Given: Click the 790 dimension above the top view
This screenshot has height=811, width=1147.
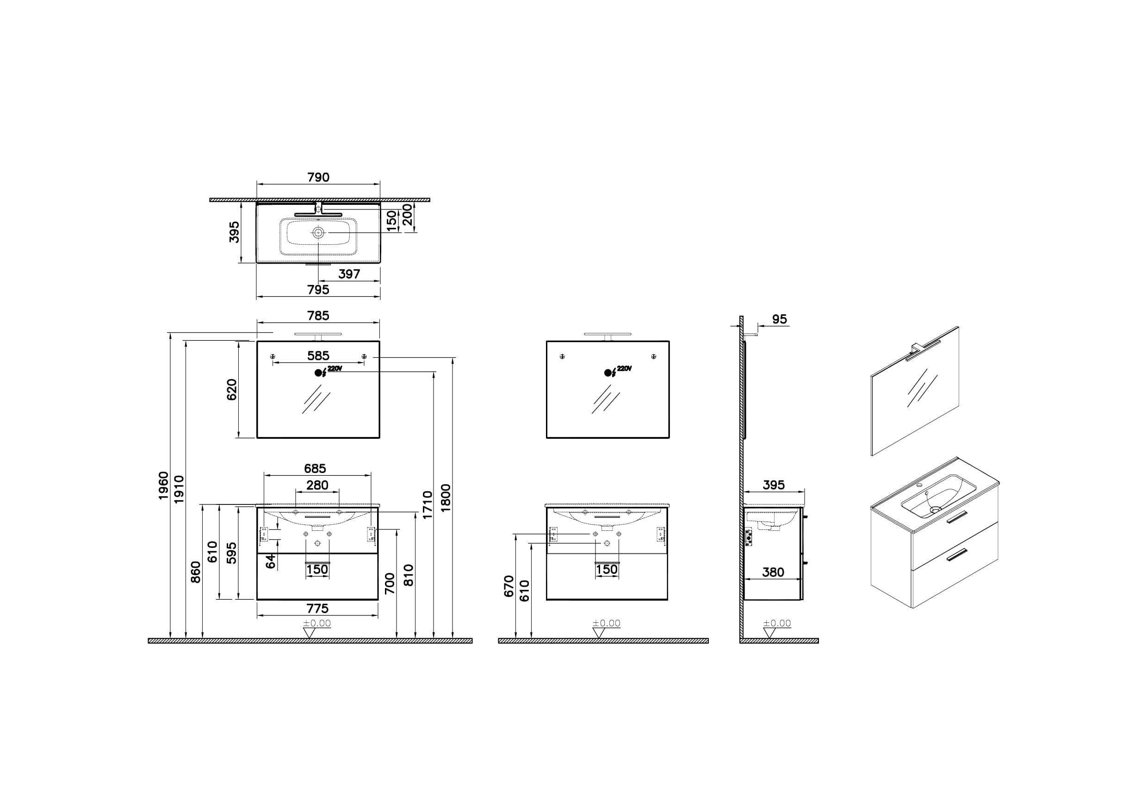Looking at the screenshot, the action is pos(318,177).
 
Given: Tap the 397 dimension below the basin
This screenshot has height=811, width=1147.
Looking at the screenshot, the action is pos(349,274).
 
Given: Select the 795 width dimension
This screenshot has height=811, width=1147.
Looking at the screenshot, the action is pos(318,289).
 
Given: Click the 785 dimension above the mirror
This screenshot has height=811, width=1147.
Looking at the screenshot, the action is pos(318,316).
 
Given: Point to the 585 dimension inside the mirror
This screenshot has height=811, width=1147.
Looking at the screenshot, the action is pos(318,356).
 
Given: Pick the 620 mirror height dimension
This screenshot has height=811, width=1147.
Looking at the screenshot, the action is pos(232,389).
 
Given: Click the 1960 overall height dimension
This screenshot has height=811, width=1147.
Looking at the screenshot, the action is pos(163,485).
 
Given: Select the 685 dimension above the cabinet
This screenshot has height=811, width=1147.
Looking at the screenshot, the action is pos(315,468).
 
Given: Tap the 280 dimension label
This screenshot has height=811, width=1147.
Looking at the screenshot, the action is pos(317,485).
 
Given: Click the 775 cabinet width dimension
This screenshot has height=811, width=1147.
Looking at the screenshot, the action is pos(317,608).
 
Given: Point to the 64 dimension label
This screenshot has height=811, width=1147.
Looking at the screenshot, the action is pos(271,561).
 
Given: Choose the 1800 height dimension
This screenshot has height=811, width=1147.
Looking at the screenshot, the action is pos(446,498).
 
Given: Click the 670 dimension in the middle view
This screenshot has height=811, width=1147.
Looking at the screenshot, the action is pos(509,586).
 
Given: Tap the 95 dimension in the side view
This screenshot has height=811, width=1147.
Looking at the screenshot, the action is pos(780,319).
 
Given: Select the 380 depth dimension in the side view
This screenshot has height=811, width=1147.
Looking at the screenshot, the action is pos(773,572).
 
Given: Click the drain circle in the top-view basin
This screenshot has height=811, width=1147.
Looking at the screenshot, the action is pos(318,233).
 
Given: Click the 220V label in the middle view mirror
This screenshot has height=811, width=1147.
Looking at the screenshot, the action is pos(624,369).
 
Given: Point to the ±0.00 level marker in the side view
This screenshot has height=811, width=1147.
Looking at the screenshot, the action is pos(777,623).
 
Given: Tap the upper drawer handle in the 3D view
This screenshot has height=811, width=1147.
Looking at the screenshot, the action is pos(957,517).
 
